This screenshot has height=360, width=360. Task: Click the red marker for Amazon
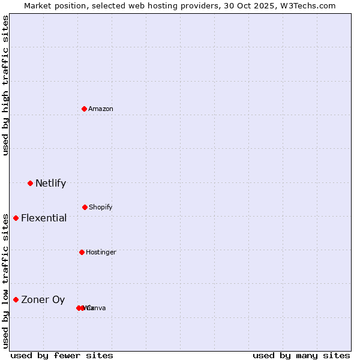pyautogui.click(x=85, y=109)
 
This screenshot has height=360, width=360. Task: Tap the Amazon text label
pyautogui.click(x=101, y=109)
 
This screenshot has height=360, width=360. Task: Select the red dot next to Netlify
pyautogui.click(x=30, y=183)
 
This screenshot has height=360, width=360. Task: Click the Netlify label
pyautogui.click(x=50, y=183)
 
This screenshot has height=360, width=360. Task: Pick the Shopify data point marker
pyautogui.click(x=85, y=207)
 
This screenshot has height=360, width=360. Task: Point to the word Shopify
pyautogui.click(x=101, y=207)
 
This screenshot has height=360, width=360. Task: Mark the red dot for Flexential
pyautogui.click(x=16, y=218)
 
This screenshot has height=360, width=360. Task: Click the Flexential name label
pyautogui.click(x=44, y=218)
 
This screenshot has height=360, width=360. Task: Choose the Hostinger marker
pyautogui.click(x=82, y=252)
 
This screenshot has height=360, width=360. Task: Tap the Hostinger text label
pyautogui.click(x=101, y=252)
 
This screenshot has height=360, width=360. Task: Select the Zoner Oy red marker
pyautogui.click(x=16, y=299)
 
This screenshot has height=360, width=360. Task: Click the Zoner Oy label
pyautogui.click(x=43, y=299)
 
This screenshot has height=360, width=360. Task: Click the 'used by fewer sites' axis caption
pyautogui.click(x=62, y=355)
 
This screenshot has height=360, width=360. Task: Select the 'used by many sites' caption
pyautogui.click(x=301, y=355)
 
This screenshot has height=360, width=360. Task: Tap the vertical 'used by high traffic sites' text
pyautogui.click(x=5, y=85)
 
